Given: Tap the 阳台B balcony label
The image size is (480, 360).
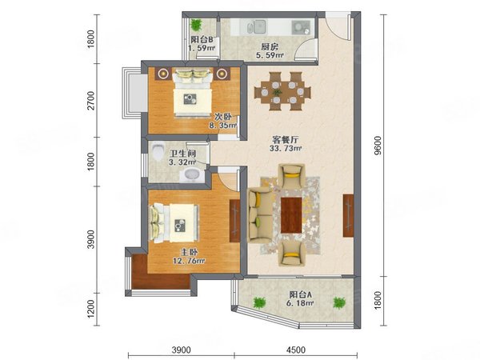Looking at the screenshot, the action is pos(202,39).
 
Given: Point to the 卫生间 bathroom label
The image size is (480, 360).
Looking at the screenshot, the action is pos(183,154).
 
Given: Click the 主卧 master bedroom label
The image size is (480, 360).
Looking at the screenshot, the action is pos(189,253).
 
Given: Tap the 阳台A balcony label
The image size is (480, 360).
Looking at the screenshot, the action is pos(300,294).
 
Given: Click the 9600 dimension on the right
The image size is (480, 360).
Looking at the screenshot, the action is pos(378,146).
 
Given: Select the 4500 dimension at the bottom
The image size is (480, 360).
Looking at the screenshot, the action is pos(296,350).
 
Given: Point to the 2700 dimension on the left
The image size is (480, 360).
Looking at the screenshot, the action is pos(91,100).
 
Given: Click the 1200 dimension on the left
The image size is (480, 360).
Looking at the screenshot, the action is pos(91,309).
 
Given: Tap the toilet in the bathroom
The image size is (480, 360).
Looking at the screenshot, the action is pos(158,151).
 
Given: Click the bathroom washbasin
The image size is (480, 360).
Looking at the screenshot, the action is pos(192,175).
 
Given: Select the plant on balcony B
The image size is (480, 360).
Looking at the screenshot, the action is pos(196,25).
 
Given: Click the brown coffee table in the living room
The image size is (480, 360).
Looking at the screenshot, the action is pos(291,215).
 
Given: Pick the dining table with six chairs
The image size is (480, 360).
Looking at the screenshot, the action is pos(282,91).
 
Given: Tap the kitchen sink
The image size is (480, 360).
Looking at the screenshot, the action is pos(256,27).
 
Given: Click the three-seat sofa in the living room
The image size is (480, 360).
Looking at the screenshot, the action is pos(260,215).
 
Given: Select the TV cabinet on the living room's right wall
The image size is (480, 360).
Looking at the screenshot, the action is pos(348,215).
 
